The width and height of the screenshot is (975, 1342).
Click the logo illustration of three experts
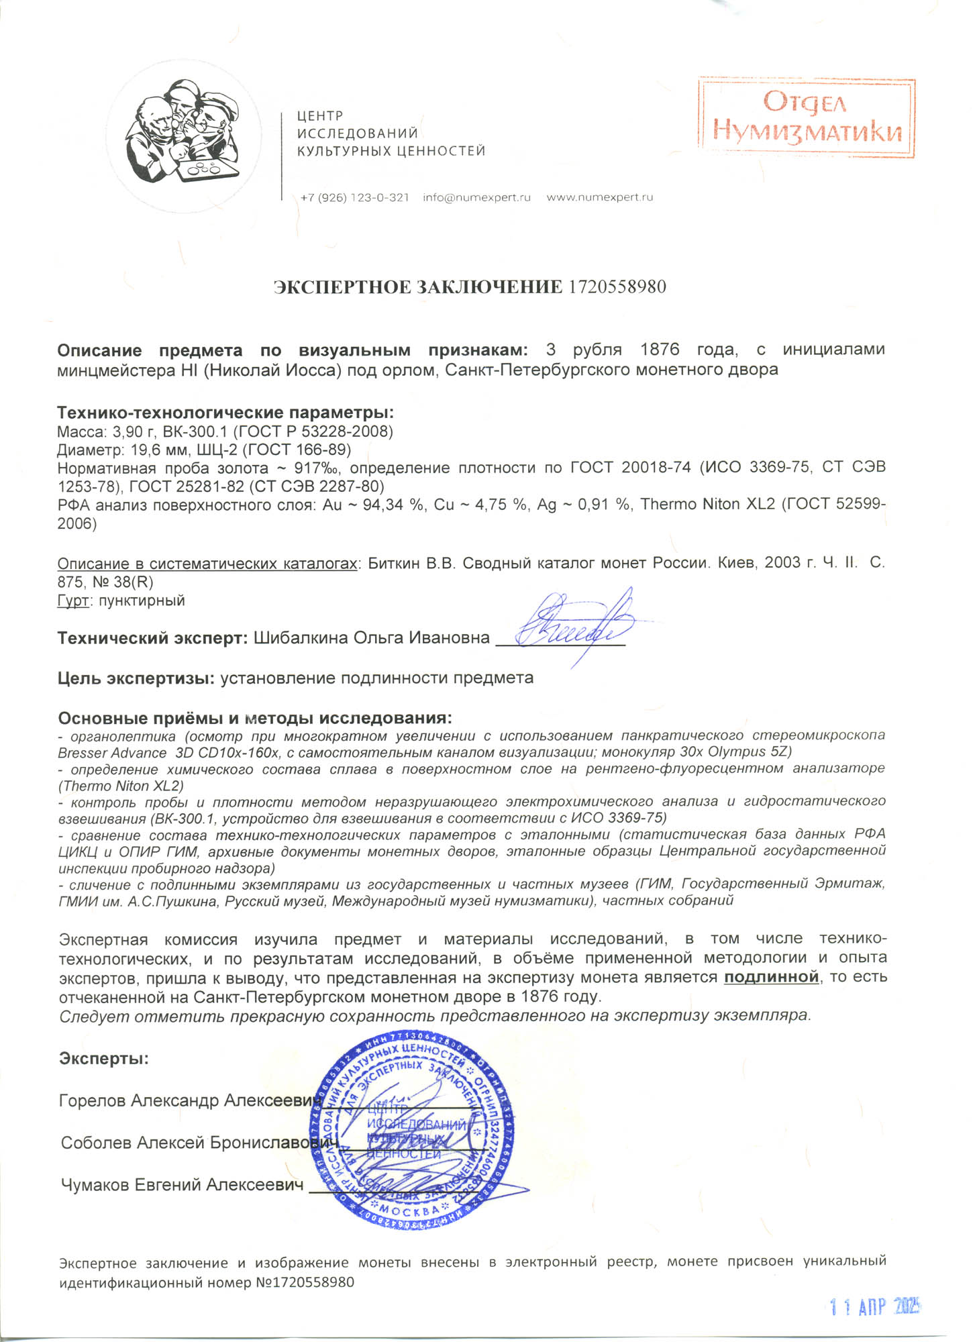tap(183, 134)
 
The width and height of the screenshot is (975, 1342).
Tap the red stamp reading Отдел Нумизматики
tap(807, 117)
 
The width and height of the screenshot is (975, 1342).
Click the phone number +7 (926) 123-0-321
tap(354, 198)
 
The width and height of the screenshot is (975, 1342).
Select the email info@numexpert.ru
tap(476, 198)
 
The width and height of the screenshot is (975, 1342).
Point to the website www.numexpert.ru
tap(599, 198)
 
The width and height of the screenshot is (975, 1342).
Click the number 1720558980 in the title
tap(617, 287)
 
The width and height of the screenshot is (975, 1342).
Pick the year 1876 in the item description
tap(660, 350)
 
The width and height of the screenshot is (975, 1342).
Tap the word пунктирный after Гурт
tap(142, 601)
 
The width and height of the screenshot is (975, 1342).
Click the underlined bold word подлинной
tap(772, 977)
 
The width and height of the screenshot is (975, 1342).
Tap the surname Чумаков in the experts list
tap(95, 1186)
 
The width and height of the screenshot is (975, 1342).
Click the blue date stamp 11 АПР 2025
tap(874, 1306)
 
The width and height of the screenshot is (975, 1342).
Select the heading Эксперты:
tap(104, 1059)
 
